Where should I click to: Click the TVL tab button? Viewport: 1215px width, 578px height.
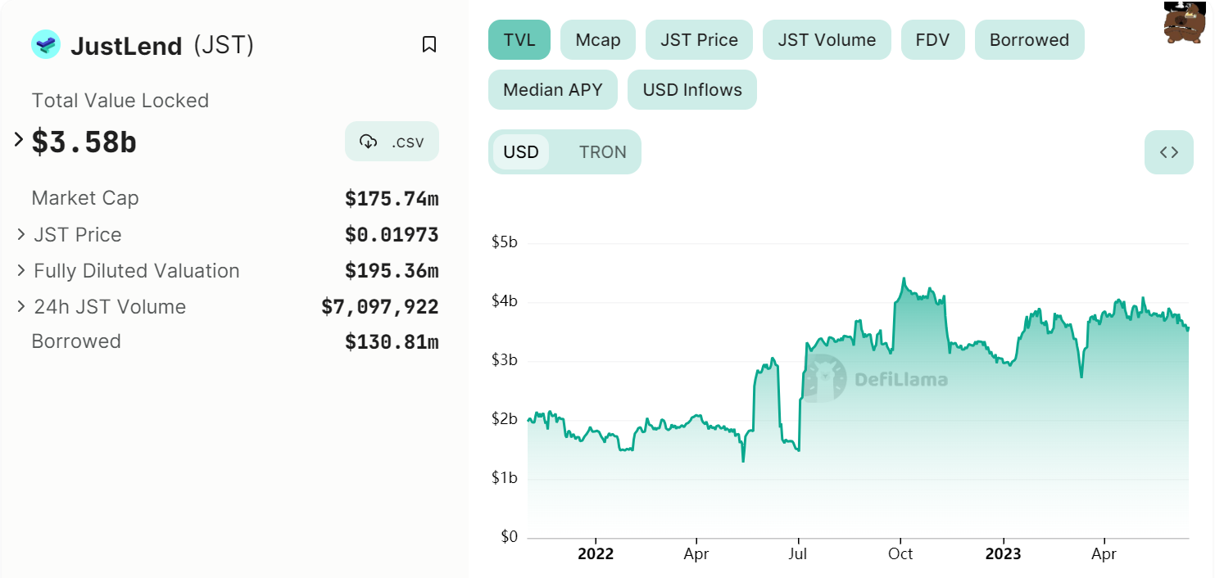tap(519, 40)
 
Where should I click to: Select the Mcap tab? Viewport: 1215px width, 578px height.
tap(597, 40)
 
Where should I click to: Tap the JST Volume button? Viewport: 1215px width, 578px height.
tap(826, 40)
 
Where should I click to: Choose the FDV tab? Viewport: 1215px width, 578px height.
tap(932, 40)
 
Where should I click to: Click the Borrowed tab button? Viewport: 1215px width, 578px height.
tap(1029, 40)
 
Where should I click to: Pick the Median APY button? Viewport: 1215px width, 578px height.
tap(552, 90)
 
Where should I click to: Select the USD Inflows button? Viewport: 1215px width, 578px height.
tap(691, 90)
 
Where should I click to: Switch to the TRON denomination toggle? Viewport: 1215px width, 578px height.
tap(602, 152)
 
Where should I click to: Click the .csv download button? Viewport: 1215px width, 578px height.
tap(392, 142)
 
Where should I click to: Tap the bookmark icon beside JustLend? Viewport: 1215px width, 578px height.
tap(428, 44)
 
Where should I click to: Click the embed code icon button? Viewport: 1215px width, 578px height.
tap(1168, 152)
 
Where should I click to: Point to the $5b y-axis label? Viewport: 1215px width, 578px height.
tap(504, 242)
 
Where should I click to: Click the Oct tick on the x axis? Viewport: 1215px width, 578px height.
tap(900, 554)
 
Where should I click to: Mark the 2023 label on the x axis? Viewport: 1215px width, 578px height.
tap(1002, 554)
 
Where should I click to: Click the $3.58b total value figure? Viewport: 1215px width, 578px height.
tap(84, 142)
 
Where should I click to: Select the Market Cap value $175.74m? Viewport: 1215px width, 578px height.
tap(391, 199)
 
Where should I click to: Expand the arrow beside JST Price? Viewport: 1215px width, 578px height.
tap(21, 235)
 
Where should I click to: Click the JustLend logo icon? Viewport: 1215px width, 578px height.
tap(46, 45)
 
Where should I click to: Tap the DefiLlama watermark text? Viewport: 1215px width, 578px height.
tap(900, 379)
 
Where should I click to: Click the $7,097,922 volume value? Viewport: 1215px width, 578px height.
tap(379, 307)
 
